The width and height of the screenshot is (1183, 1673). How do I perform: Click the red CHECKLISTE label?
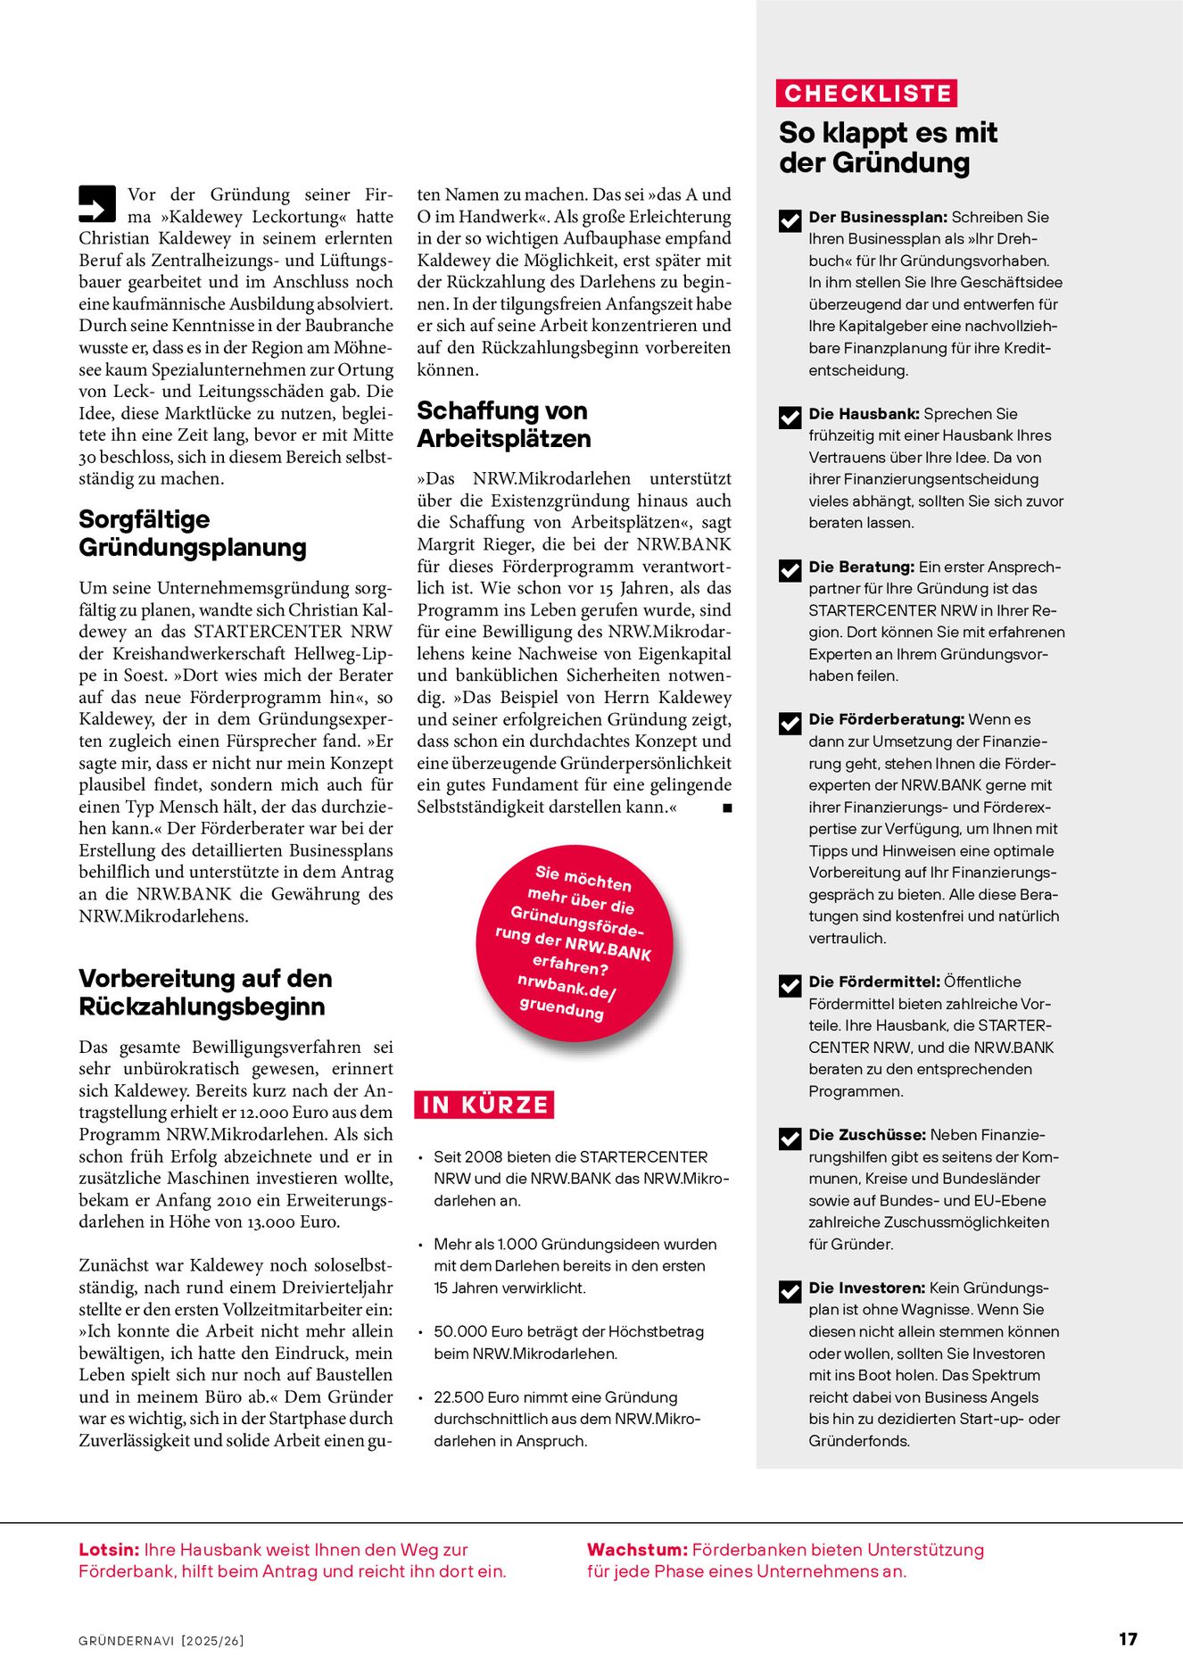click(x=867, y=94)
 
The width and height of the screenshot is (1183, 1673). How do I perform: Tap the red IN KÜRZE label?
click(x=484, y=1105)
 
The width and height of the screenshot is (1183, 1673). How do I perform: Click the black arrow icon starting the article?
click(x=97, y=203)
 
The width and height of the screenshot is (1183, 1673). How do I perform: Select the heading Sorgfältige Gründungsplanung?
click(x=192, y=533)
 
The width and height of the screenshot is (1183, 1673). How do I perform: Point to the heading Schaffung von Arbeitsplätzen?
click(x=503, y=425)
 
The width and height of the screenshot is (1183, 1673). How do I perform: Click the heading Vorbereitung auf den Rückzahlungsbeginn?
click(x=205, y=992)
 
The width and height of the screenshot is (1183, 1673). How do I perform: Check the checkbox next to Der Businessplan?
click(x=790, y=220)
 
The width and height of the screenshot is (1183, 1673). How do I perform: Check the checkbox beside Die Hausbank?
click(x=790, y=417)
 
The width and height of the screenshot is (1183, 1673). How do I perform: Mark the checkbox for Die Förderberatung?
click(x=790, y=723)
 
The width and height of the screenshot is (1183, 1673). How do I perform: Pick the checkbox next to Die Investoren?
click(x=790, y=1291)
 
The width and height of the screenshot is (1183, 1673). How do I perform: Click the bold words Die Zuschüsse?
click(x=867, y=1135)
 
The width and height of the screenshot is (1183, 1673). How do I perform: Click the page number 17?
click(x=1128, y=1639)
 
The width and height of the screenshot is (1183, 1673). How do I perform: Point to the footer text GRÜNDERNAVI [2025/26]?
click(x=161, y=1641)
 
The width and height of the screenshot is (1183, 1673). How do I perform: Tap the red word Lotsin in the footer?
click(x=109, y=1550)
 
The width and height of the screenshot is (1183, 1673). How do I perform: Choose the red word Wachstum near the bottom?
click(x=637, y=1550)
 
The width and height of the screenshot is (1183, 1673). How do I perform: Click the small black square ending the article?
click(x=727, y=808)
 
